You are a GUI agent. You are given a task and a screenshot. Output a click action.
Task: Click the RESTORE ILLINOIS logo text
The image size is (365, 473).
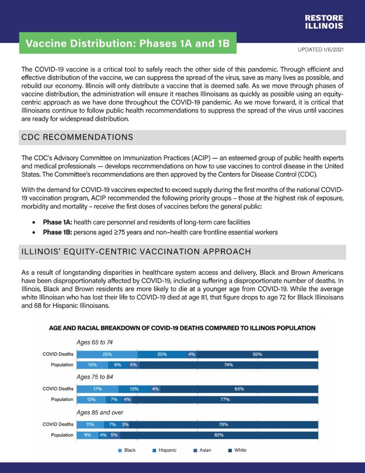pos(323,22)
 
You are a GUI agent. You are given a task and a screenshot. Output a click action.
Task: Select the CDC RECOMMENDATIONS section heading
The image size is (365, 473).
pos(78,137)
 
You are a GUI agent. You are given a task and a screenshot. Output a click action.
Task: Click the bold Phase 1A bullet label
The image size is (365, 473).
pos(58,222)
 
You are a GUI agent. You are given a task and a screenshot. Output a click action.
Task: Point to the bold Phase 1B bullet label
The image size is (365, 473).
pos(58,232)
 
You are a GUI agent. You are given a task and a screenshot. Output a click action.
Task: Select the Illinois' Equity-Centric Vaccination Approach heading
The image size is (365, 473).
pos(136,252)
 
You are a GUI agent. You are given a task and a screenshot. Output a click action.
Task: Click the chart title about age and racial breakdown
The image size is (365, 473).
pos(182,328)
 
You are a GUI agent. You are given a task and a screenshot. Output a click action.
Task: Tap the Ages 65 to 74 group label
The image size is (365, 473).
pos(95,343)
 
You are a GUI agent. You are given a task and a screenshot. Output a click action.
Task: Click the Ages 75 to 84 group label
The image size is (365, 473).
pos(95,377)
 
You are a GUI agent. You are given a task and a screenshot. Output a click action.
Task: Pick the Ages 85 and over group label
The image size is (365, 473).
pos(100,412)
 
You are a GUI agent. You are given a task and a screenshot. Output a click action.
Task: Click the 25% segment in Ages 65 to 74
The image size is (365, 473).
pos(107,355)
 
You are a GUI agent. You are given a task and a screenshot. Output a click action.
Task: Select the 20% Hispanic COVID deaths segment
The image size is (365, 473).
pos(162,355)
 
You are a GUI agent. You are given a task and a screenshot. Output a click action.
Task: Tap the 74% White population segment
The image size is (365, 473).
pos(228,365)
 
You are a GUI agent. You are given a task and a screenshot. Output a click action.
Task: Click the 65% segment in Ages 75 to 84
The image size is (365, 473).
pos(239,389)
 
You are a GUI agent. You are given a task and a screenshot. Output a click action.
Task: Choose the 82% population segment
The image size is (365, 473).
pos(219,435)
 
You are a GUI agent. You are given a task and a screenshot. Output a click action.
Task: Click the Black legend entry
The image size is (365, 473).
pos(127,450)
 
